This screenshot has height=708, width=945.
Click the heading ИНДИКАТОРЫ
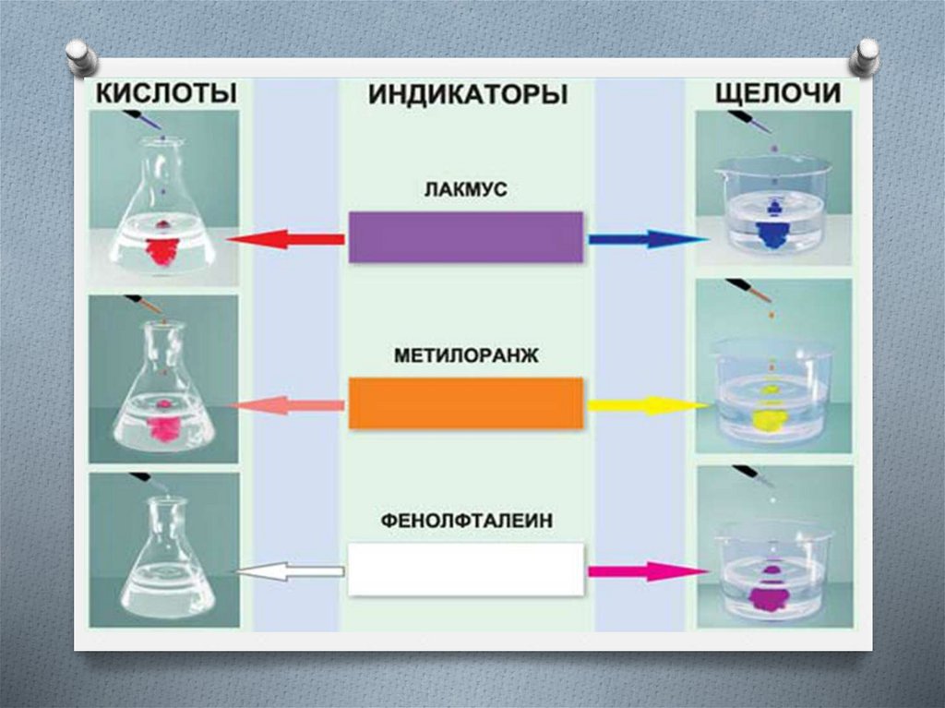(x=468, y=95)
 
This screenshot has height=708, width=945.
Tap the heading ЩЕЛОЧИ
(x=778, y=93)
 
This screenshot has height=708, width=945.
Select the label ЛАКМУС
(x=467, y=191)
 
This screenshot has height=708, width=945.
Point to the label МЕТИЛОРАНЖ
(x=466, y=355)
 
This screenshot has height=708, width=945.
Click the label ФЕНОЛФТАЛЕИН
(x=466, y=521)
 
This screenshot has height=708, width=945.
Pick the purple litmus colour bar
(x=466, y=237)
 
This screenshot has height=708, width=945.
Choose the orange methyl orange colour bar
(x=466, y=403)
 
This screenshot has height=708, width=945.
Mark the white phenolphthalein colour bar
(x=466, y=569)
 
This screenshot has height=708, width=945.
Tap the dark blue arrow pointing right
(x=646, y=239)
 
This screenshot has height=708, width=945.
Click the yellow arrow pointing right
(x=646, y=404)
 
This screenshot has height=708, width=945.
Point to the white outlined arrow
(x=286, y=572)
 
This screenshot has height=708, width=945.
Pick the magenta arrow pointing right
(x=646, y=571)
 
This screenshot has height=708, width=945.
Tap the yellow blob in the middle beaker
(x=768, y=417)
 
